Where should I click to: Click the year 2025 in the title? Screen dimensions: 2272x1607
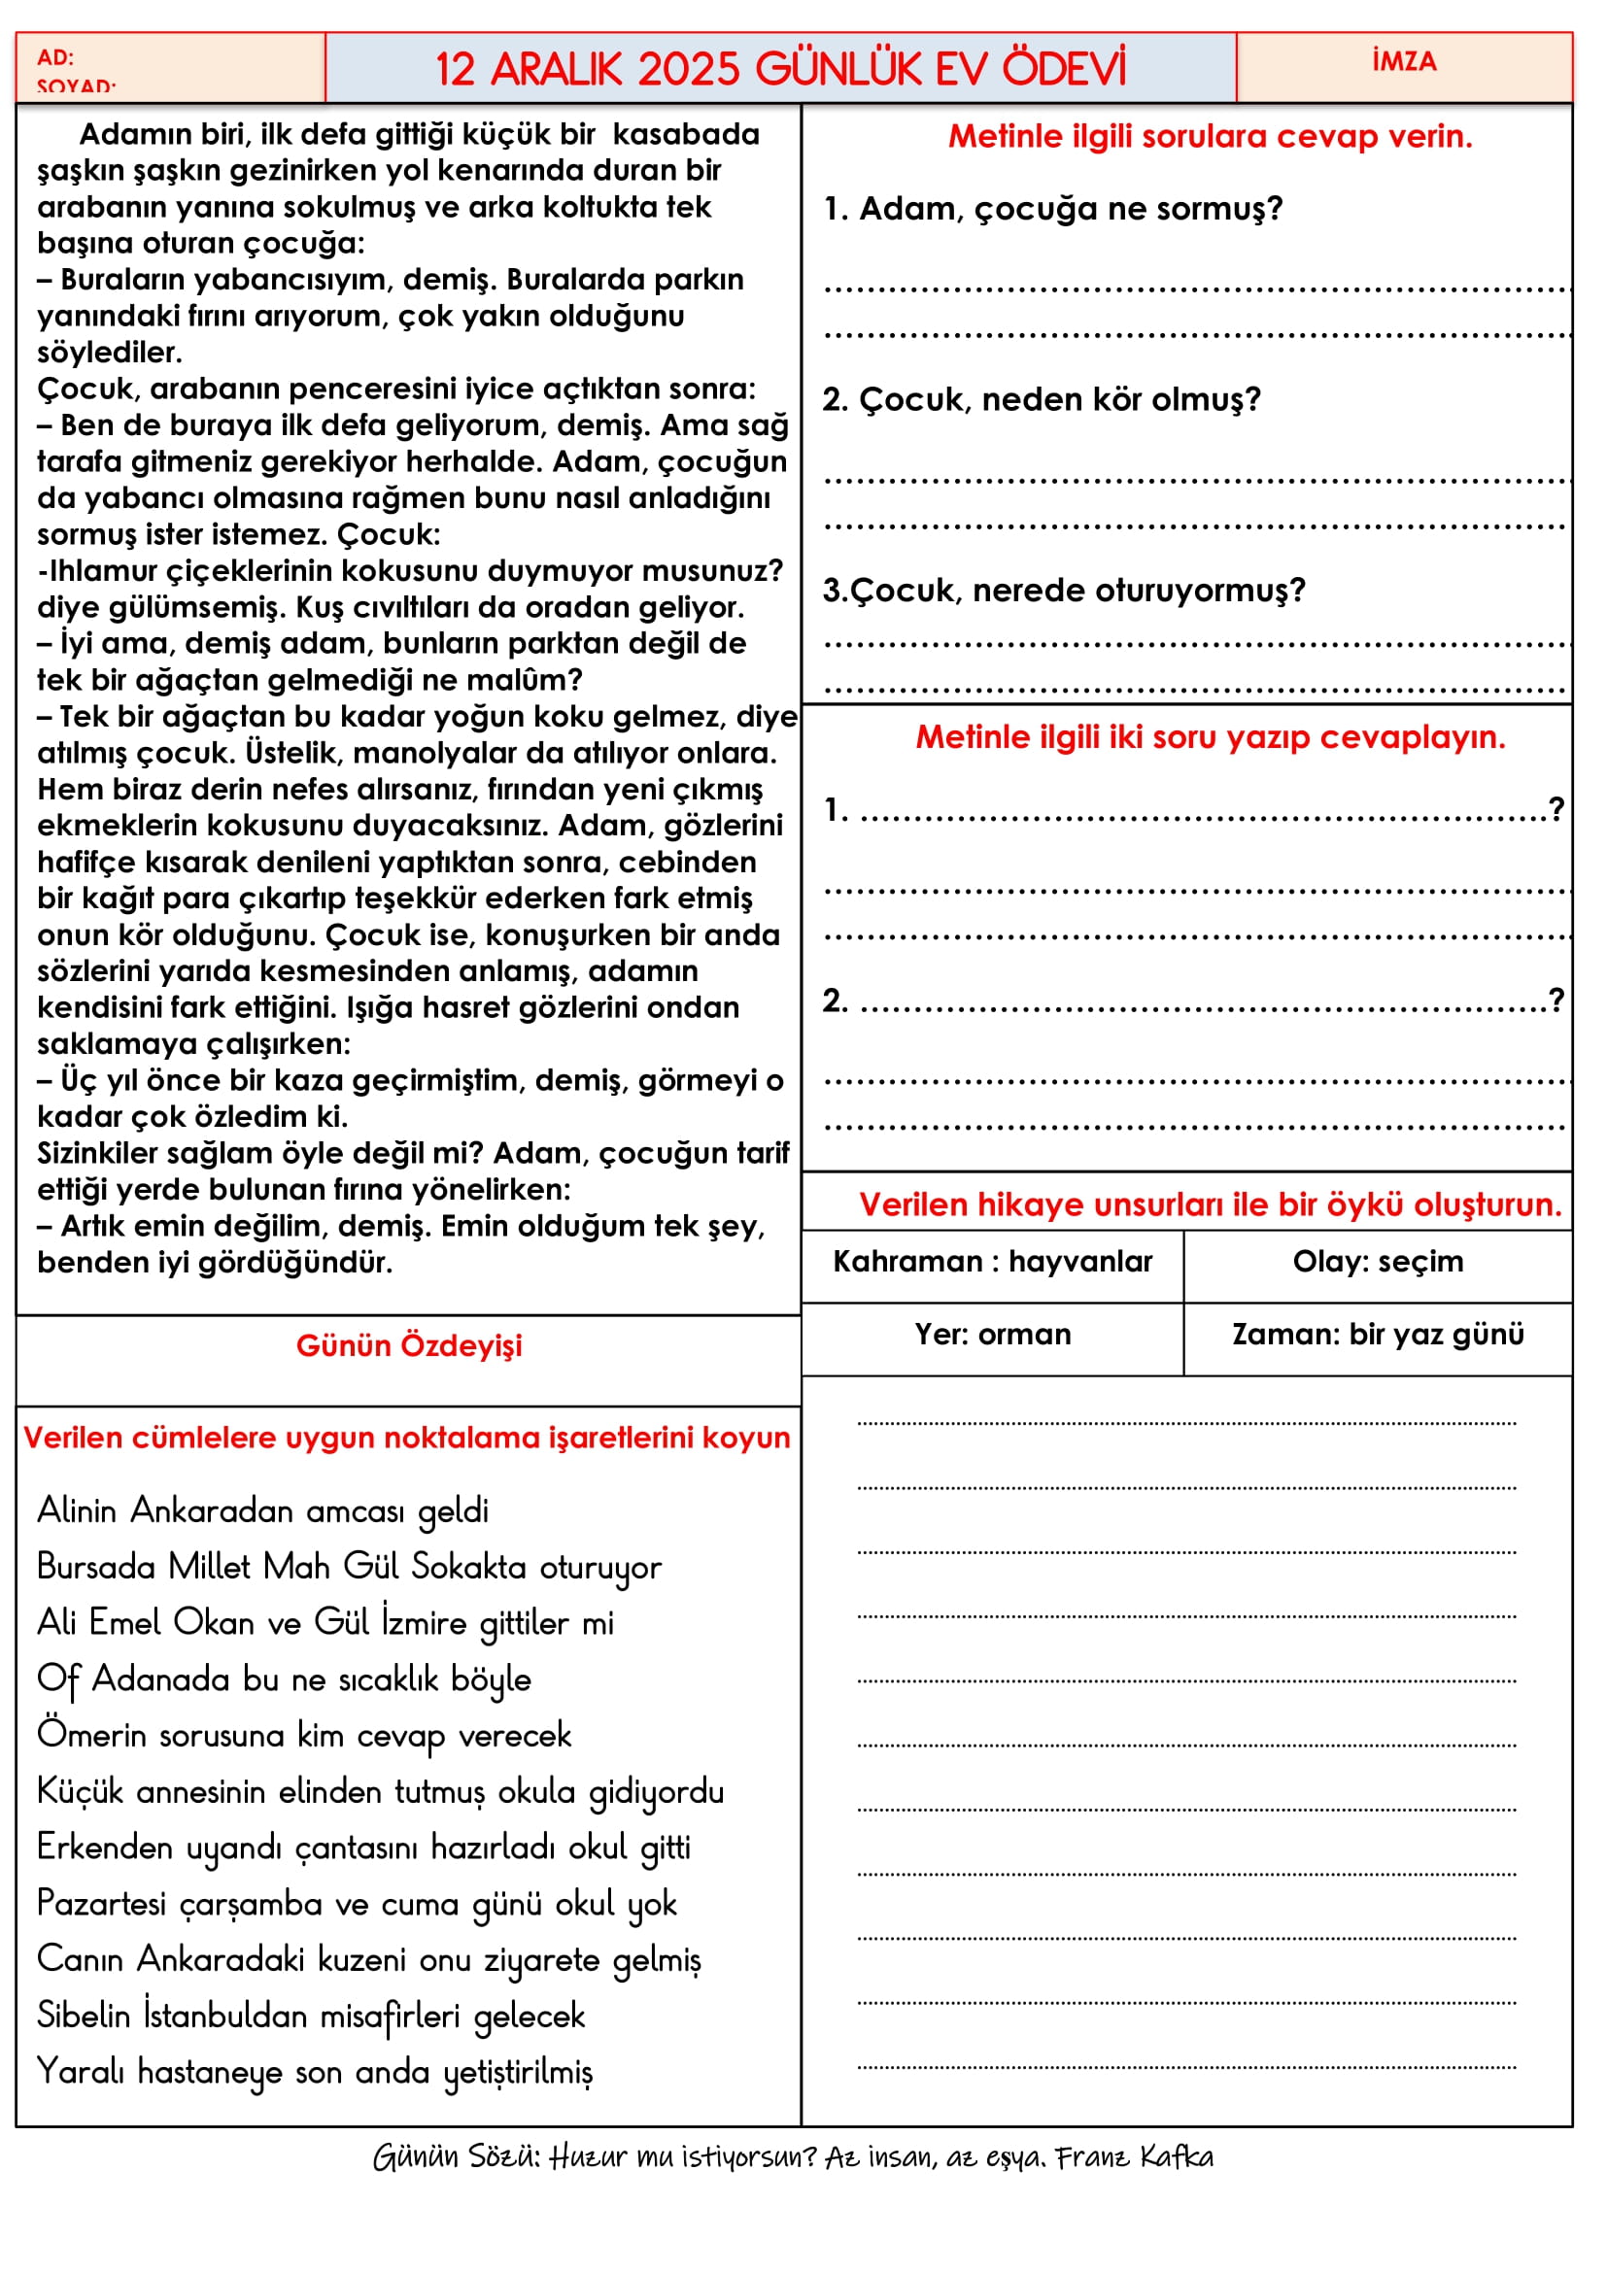pyautogui.click(x=689, y=69)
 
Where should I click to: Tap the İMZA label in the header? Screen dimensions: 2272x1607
pyautogui.click(x=1403, y=61)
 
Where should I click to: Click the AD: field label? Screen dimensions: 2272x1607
pyautogui.click(x=55, y=57)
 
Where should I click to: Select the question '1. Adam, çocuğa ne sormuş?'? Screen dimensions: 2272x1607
pyautogui.click(x=1053, y=209)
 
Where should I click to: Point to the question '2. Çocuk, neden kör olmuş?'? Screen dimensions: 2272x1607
pyautogui.click(x=1041, y=400)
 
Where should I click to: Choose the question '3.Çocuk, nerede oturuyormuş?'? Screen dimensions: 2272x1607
pyautogui.click(x=1064, y=591)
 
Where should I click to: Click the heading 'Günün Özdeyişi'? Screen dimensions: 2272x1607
pyautogui.click(x=409, y=1345)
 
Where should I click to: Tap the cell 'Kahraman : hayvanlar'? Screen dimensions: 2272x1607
pyautogui.click(x=993, y=1262)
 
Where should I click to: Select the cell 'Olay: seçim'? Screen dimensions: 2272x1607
pyautogui.click(x=1378, y=1262)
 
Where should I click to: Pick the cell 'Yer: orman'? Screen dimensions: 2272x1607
pyautogui.click(x=993, y=1335)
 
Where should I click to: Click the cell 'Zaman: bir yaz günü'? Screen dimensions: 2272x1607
pyautogui.click(x=1378, y=1335)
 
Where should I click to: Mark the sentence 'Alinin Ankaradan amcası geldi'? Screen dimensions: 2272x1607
pyautogui.click(x=263, y=1511)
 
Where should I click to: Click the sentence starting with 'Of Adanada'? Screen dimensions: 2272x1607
pyautogui.click(x=284, y=1679)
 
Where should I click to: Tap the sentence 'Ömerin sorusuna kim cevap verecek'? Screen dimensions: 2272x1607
pyautogui.click(x=304, y=1736)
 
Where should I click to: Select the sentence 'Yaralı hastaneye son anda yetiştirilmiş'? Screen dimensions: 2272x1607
pyautogui.click(x=315, y=2072)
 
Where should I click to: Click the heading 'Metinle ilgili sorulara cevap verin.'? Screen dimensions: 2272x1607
pyautogui.click(x=1210, y=137)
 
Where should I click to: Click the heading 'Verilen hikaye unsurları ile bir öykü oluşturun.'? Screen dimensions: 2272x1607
pyautogui.click(x=1210, y=1205)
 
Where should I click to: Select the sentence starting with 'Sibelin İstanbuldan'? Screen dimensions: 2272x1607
pyautogui.click(x=311, y=2016)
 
